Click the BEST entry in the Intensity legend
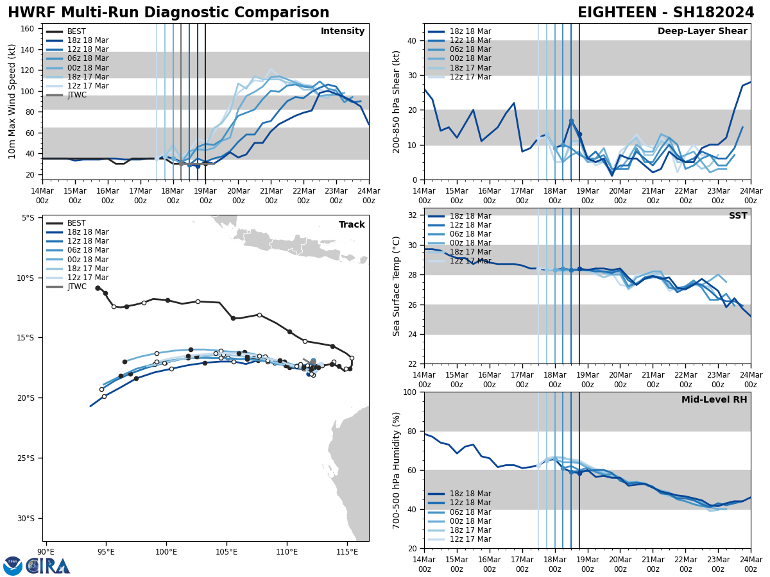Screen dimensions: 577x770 76,31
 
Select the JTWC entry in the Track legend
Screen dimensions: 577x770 76,287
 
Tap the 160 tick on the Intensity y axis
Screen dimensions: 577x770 28,28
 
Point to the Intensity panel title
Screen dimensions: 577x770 343,31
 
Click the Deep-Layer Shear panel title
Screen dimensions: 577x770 702,31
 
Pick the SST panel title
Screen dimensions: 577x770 737,216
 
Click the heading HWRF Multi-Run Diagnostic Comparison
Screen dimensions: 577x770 168,13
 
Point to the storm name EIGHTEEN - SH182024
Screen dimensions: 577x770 665,13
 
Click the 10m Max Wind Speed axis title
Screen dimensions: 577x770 12,101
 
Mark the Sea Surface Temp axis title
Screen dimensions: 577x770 397,286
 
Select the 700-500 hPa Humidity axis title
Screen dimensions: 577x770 397,470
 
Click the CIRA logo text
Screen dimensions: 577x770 48,566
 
